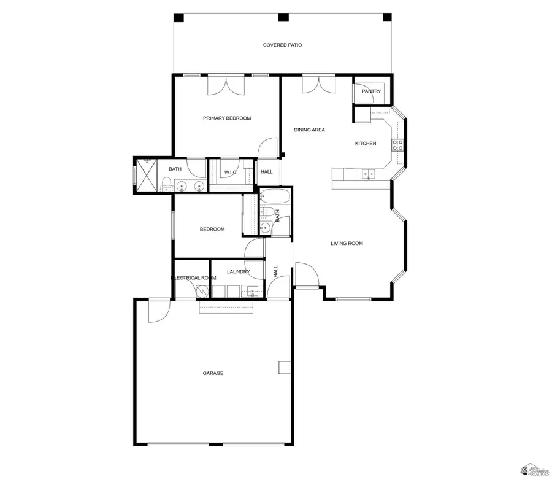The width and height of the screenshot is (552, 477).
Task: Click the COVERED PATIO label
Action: click(x=282, y=45)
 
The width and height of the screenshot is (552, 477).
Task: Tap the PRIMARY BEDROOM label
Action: click(x=227, y=118)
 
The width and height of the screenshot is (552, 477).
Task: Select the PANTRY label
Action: click(x=371, y=91)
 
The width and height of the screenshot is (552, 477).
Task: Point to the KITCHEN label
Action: click(x=366, y=144)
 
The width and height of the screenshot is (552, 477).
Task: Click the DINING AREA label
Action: click(x=309, y=130)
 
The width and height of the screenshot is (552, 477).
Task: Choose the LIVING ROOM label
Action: click(x=347, y=243)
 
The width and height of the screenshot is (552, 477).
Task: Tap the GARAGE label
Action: click(x=213, y=373)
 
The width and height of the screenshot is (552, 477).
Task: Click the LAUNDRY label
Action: click(x=238, y=271)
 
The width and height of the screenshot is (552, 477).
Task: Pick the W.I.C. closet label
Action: click(x=231, y=172)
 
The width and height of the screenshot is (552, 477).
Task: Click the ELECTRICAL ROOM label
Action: click(x=194, y=278)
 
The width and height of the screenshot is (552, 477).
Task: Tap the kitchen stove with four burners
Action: click(x=397, y=145)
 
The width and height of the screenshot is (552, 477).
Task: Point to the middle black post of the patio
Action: click(x=283, y=17)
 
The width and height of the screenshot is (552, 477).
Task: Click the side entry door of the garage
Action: click(x=158, y=310)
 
